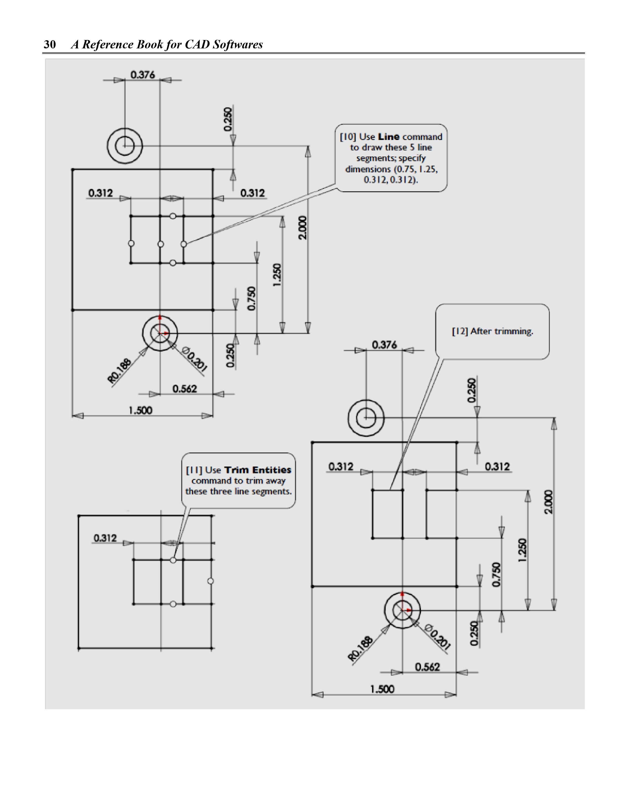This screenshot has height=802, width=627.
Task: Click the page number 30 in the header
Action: coord(50,44)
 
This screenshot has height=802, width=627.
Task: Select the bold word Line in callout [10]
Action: coord(389,137)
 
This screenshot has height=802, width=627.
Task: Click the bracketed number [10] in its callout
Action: coord(348,137)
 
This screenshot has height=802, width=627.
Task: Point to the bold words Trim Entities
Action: coord(257,470)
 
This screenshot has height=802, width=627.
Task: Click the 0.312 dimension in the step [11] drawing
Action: coord(105,538)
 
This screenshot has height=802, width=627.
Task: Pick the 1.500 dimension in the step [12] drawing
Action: coord(382,689)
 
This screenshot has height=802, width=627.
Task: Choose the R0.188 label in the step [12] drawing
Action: coord(361,649)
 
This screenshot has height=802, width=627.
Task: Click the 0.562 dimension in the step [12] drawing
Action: coord(427,667)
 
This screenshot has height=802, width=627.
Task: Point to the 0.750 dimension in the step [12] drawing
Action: coord(496,574)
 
